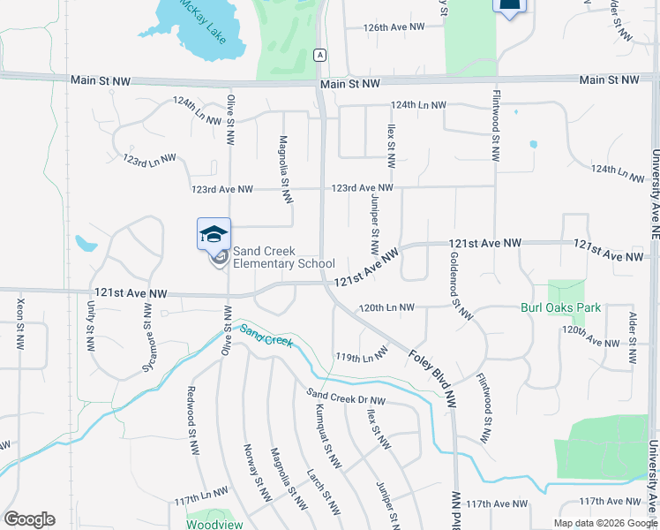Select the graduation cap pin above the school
point(214,235)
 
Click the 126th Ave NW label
point(394,27)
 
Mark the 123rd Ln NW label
point(149,160)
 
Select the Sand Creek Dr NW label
point(346,397)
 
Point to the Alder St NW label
point(632,337)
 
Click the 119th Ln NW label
point(361,356)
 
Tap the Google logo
point(29,519)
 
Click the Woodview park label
point(209,523)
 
